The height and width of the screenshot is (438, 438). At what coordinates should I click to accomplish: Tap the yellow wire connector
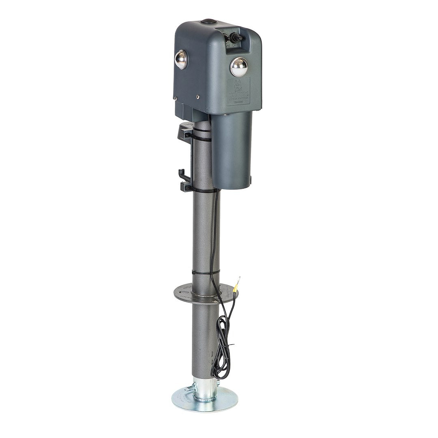[234, 290]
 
